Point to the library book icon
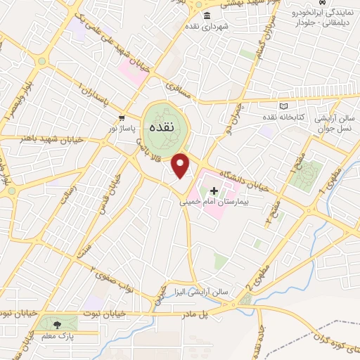[283, 106]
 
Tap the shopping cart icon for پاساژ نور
[122, 117]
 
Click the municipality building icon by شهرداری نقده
[206, 16]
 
